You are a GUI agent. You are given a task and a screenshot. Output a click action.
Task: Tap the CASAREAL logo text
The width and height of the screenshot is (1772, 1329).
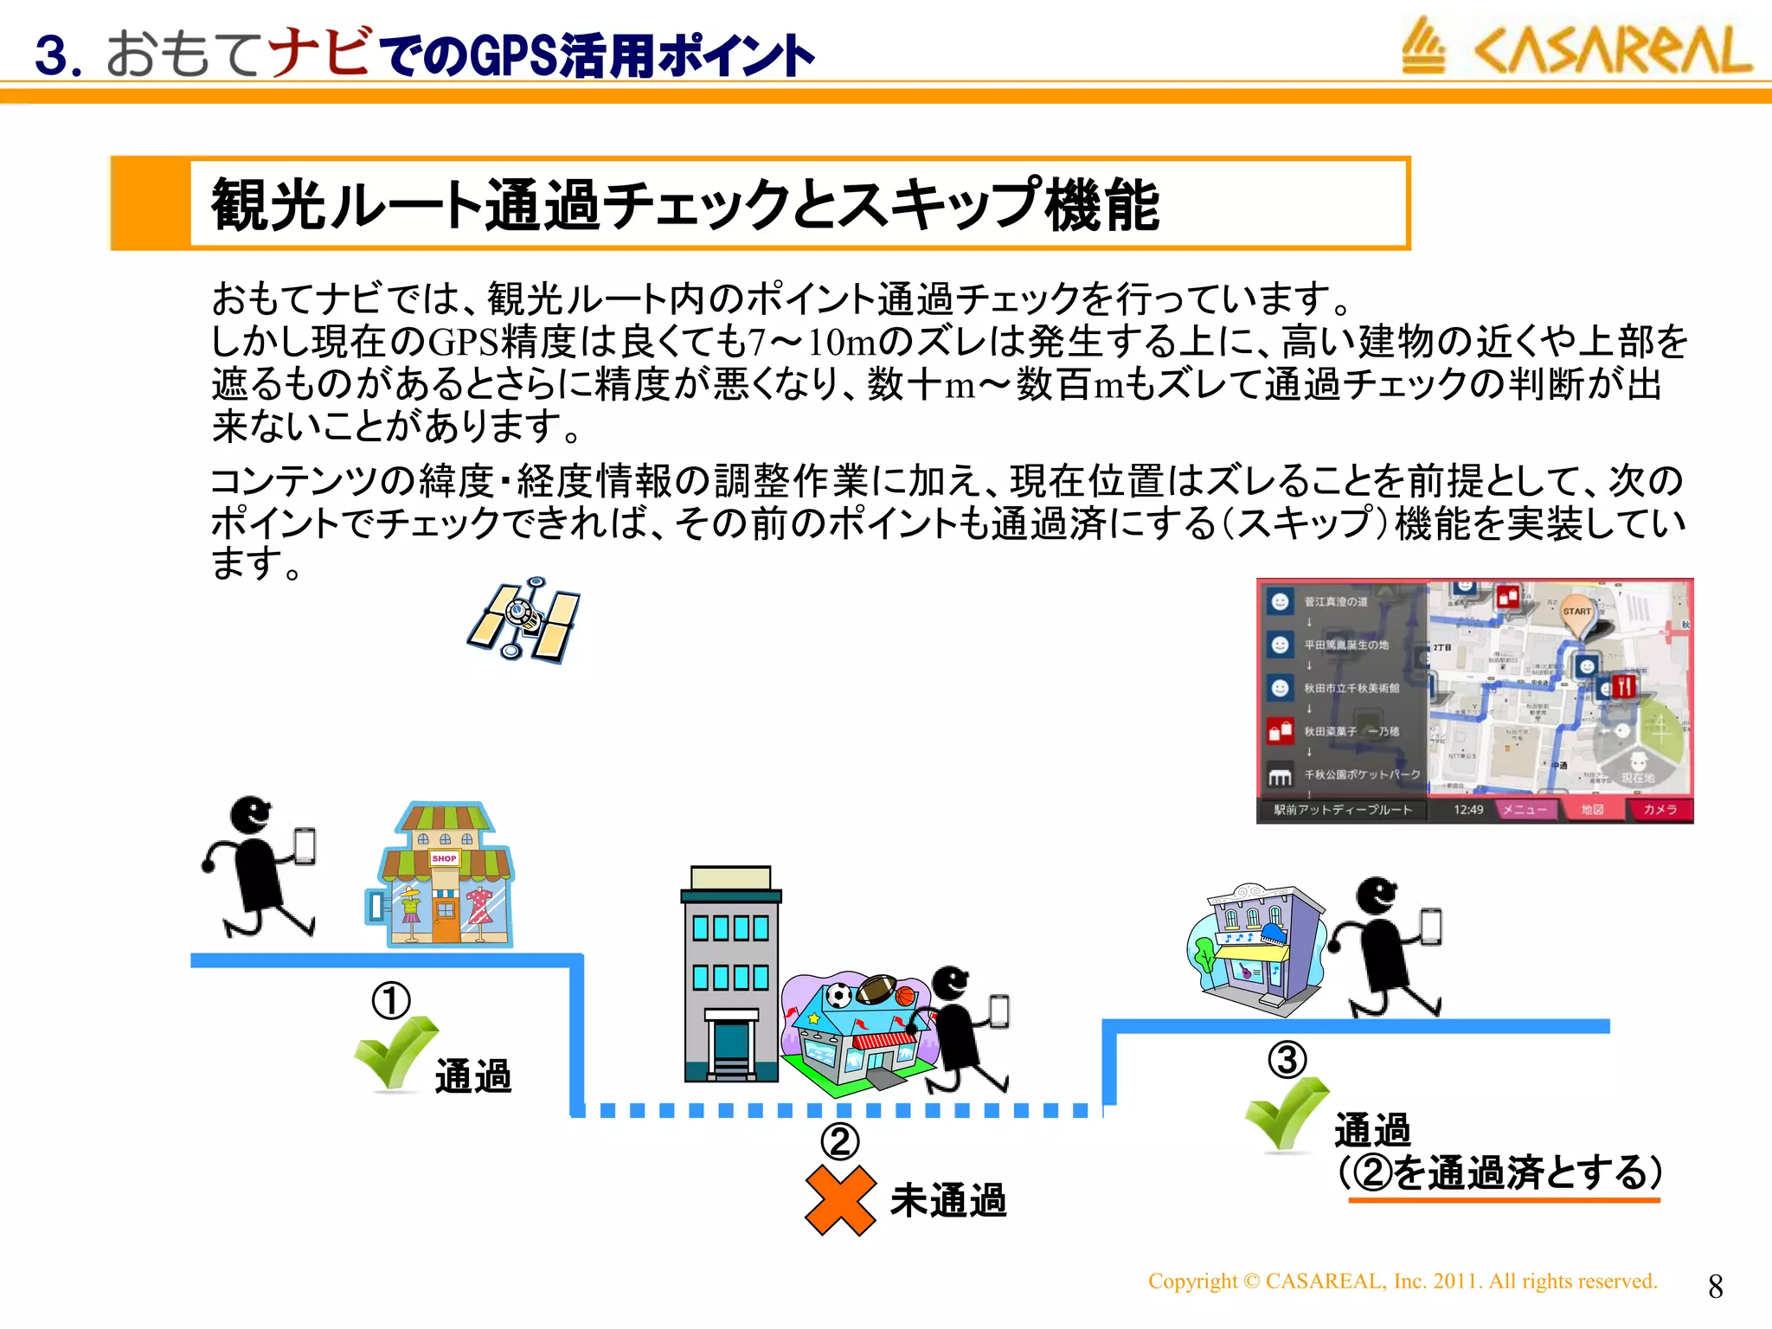point(1613,50)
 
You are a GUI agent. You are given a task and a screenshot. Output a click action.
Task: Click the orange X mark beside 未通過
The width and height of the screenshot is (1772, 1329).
point(840,1200)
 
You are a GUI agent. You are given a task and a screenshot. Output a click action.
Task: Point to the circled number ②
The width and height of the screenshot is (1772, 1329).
point(839,1141)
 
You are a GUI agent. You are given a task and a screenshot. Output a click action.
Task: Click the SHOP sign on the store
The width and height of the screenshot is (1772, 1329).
point(444,858)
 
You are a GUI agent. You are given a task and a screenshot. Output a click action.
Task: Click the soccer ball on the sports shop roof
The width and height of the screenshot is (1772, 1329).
point(838,996)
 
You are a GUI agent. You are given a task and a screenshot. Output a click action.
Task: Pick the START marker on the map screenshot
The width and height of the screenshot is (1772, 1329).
point(1576,612)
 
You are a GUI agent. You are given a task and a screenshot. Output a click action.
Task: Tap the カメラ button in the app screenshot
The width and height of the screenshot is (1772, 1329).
point(1659,810)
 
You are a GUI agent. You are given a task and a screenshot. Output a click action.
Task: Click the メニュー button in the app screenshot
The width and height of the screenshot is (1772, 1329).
point(1524,810)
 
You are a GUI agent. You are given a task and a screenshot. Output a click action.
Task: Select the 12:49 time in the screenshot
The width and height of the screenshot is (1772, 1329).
point(1467,810)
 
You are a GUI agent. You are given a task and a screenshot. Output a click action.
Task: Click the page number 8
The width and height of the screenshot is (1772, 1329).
point(1715,1287)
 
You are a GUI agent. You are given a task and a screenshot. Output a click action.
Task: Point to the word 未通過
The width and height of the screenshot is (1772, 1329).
point(948,1201)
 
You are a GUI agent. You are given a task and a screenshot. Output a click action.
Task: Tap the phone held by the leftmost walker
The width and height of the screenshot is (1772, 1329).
point(305,845)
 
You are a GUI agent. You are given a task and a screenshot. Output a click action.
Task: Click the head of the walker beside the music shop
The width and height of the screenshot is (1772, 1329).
point(1375,896)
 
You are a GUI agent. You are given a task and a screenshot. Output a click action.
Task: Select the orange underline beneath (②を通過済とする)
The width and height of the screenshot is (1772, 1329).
point(1504,1200)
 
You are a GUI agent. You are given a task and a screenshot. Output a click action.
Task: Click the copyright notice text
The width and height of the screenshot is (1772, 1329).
point(1402,1281)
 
